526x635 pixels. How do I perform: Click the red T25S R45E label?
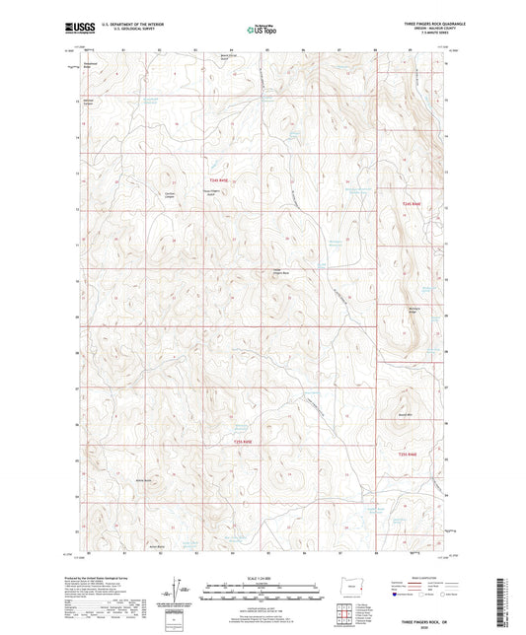243,442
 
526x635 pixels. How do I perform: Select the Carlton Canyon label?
142,194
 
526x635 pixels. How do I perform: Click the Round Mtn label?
404,415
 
